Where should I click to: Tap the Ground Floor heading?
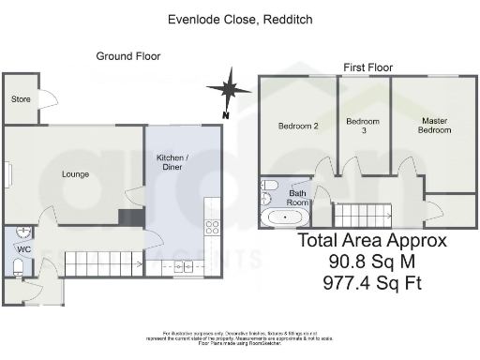[128, 56]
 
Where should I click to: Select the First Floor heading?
[367, 67]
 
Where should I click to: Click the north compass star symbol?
[225, 91]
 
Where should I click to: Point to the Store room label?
[20, 99]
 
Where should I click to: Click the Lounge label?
[75, 173]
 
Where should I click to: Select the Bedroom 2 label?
[298, 126]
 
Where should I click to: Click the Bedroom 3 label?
[362, 126]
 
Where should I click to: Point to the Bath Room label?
[298, 197]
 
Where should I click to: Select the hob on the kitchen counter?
[212, 225]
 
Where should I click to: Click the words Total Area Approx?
[372, 240]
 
